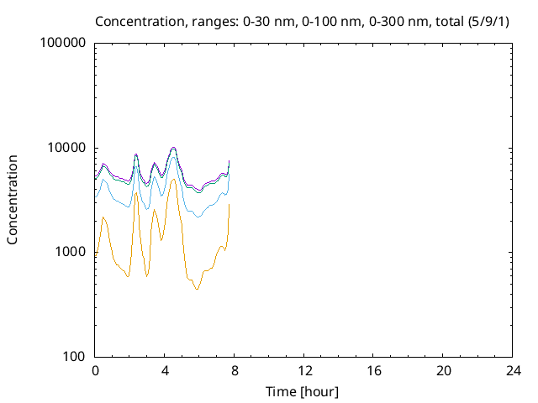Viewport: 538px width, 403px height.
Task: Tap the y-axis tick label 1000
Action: [71, 252]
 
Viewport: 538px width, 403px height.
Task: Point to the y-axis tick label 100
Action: [74, 357]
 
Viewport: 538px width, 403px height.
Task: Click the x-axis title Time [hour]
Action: [303, 391]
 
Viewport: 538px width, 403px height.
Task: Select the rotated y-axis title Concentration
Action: [13, 199]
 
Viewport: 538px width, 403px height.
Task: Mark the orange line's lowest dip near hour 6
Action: [197, 290]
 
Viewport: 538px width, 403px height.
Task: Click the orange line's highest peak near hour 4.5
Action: [173, 179]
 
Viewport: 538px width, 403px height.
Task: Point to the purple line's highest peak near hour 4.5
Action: [173, 147]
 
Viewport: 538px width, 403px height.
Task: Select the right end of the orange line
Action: [229, 204]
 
